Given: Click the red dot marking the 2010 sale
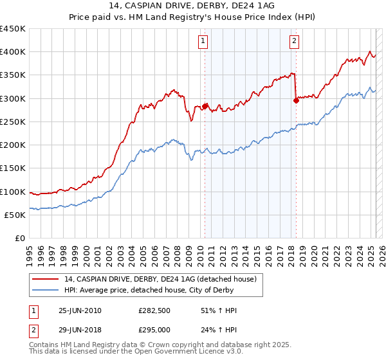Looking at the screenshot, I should pos(205,106).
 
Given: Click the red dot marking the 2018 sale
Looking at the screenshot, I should pos(296,100).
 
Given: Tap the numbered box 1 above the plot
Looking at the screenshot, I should pos(203,42).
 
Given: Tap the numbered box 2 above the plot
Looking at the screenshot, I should pos(294,42).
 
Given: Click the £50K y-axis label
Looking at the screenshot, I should pos(15,215).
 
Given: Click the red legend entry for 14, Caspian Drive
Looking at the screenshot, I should pos(160,279).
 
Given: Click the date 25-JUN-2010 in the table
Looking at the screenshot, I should pos(80,311).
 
